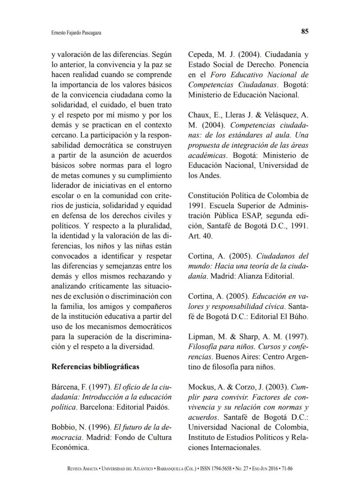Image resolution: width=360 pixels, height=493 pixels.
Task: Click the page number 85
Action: point(305,31)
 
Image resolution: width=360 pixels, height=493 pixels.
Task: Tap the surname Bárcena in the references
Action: point(64,387)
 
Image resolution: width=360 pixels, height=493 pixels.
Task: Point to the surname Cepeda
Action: point(200,55)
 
